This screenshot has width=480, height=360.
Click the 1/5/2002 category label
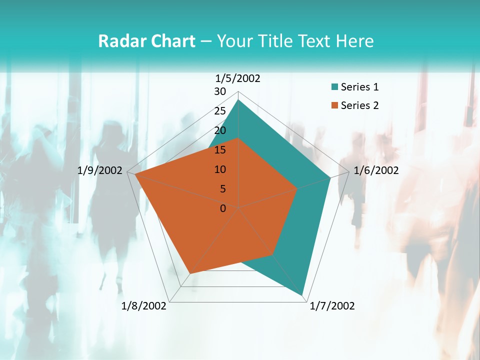tap(237, 78)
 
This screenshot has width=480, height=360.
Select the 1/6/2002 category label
tap(376, 170)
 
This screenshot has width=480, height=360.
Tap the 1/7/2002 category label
tap(332, 306)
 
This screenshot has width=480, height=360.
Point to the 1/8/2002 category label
tap(144, 306)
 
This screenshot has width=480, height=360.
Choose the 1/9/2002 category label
tap(99, 170)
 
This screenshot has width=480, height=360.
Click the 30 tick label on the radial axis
tap(220, 91)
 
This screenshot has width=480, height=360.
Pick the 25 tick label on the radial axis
tap(220, 111)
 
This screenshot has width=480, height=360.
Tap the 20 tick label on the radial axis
tap(220, 130)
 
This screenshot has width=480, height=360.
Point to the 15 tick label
tap(220, 150)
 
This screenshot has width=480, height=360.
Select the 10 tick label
tap(220, 169)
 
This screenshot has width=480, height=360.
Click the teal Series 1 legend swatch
tap(334, 87)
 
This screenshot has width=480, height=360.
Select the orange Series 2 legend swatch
tap(334, 105)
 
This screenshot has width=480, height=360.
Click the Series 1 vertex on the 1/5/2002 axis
tap(238, 100)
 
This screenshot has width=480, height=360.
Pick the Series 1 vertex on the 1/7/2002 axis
tap(302, 295)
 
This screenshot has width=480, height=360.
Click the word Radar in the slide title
tap(123, 41)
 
